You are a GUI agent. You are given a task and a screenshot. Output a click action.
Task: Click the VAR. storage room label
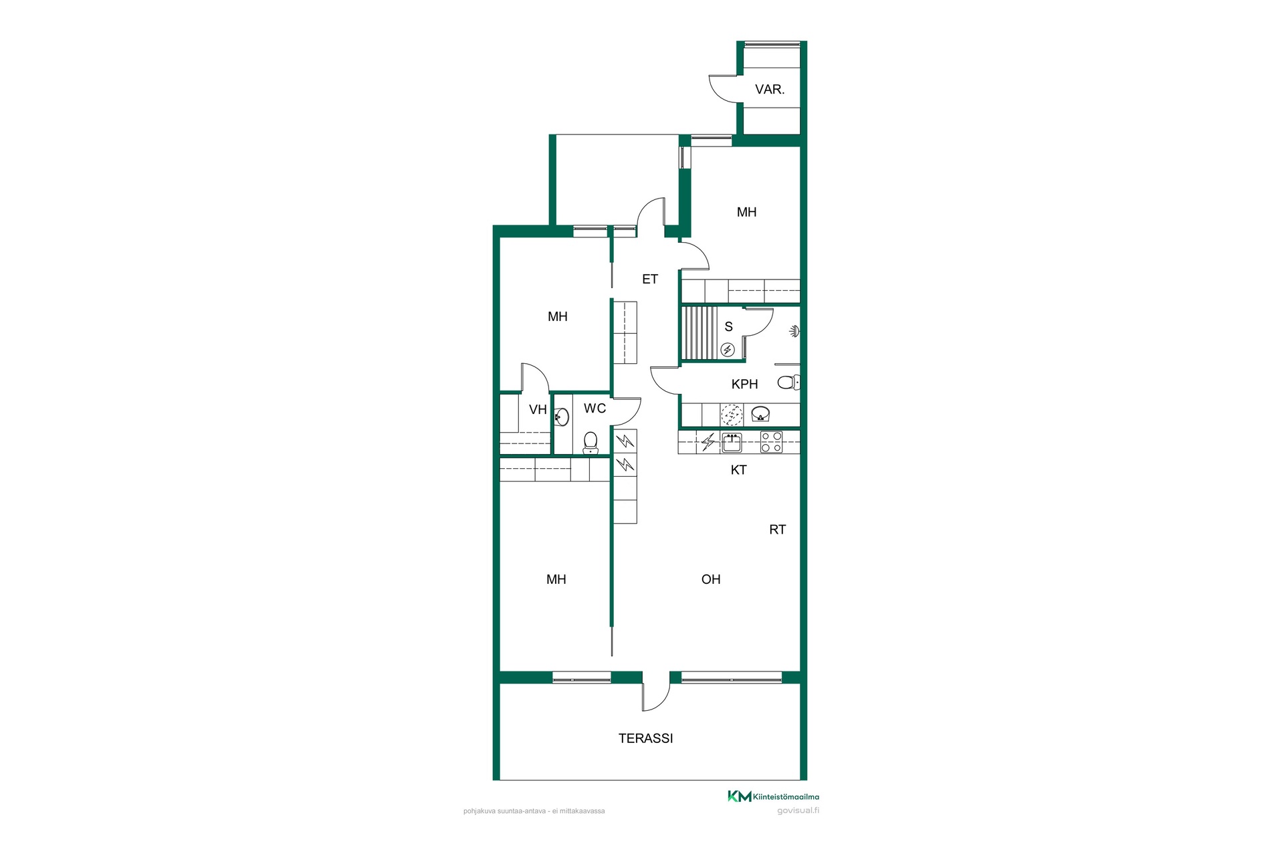pos(770,90)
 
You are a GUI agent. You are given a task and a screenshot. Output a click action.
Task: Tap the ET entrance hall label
pos(650,280)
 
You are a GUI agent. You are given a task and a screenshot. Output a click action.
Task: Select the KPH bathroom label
pos(744,385)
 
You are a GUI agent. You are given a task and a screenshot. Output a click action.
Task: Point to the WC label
pos(595,409)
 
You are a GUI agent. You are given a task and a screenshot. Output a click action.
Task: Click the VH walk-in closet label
pos(538,410)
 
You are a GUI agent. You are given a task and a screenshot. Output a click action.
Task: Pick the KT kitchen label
pos(738,470)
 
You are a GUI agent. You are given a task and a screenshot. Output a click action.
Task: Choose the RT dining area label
pos(777,530)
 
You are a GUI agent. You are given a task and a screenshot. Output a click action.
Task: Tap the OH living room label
pos(711,580)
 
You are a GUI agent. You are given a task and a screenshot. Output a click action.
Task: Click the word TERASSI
pos(645,738)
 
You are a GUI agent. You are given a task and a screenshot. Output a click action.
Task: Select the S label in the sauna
pos(728,327)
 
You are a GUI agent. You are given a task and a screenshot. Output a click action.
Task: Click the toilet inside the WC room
pos(591,443)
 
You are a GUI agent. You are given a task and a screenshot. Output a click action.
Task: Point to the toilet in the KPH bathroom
pos(788,383)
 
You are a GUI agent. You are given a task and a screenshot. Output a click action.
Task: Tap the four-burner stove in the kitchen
pos(771,442)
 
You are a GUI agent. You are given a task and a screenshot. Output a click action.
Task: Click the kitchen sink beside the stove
pos(732,443)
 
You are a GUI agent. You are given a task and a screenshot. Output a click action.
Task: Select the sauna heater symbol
pos(728,350)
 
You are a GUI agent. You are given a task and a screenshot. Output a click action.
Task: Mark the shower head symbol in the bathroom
pos(794,331)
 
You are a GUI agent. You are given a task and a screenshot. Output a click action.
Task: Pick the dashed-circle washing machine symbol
pos(732,415)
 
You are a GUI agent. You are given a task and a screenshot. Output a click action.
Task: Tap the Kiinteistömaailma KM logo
pos(773,796)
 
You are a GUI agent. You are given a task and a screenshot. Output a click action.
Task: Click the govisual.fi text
pos(798,811)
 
